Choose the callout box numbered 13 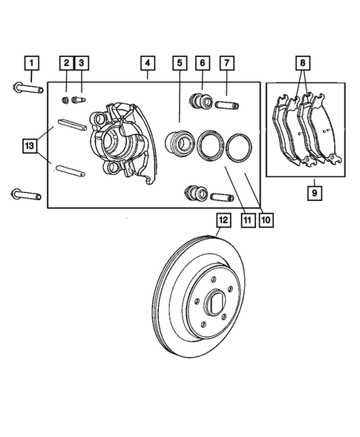(x=30, y=146)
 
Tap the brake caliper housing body (x=122, y=141)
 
